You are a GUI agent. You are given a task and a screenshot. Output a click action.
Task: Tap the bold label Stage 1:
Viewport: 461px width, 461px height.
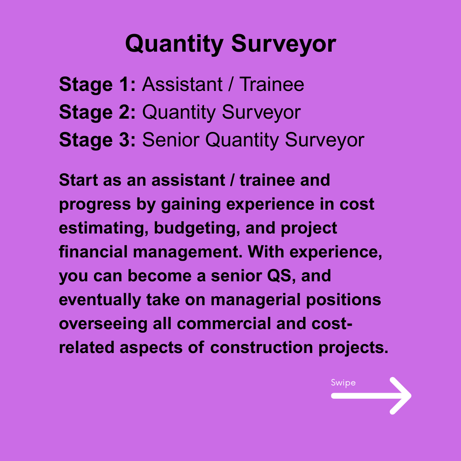click(x=97, y=85)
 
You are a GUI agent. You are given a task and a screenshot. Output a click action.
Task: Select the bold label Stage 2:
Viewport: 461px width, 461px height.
click(x=97, y=112)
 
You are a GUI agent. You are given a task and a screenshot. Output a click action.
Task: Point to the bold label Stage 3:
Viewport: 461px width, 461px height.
click(x=97, y=140)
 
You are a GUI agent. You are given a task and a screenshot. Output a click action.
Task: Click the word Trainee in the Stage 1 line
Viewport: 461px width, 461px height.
click(x=271, y=85)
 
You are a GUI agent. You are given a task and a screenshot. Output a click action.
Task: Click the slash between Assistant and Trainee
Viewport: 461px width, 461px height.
click(x=230, y=85)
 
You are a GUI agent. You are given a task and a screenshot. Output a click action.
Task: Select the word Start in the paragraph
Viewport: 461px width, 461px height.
click(x=78, y=180)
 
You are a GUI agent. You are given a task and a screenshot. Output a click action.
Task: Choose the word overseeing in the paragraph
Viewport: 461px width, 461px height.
click(x=102, y=324)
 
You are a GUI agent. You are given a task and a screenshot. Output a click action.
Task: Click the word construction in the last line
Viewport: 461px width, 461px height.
click(x=261, y=347)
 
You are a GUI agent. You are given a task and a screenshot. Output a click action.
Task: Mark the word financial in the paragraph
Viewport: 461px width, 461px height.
click(x=93, y=252)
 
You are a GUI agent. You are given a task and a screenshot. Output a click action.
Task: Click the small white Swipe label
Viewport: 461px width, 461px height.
click(x=343, y=382)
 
